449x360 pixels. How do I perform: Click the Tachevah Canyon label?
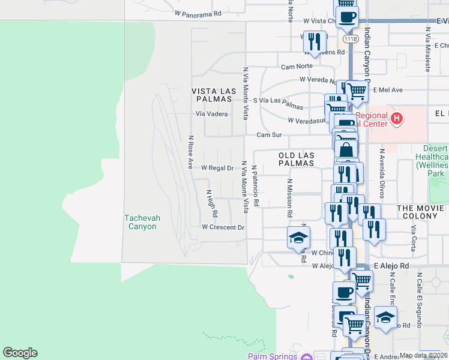point(142,222)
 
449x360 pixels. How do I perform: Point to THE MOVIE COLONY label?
point(420,212)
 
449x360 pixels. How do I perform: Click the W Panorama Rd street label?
point(198,12)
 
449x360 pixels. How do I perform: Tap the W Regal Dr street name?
point(217,168)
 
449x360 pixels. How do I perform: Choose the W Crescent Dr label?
point(223,227)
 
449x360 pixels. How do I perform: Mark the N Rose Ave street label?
point(190,152)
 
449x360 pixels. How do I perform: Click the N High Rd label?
point(211,203)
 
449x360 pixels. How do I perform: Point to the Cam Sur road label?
point(269,135)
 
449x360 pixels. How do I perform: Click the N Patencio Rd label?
point(255,187)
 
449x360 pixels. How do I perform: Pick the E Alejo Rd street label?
point(391,265)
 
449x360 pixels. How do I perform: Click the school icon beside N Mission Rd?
point(298,238)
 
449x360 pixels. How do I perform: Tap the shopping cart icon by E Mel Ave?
point(357,91)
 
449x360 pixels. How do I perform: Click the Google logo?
point(20,353)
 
